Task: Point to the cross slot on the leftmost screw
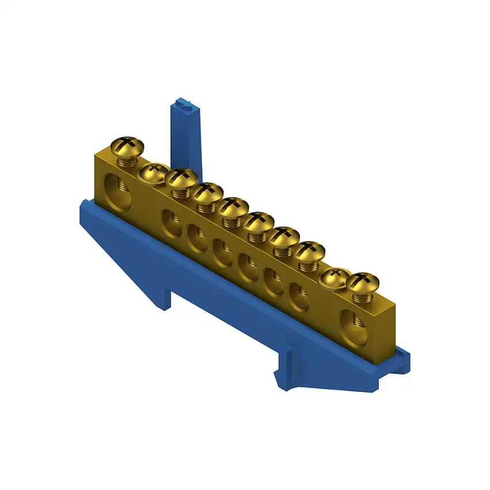click(129, 141)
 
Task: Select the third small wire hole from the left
click(223, 252)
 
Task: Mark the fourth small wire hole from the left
click(248, 267)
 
